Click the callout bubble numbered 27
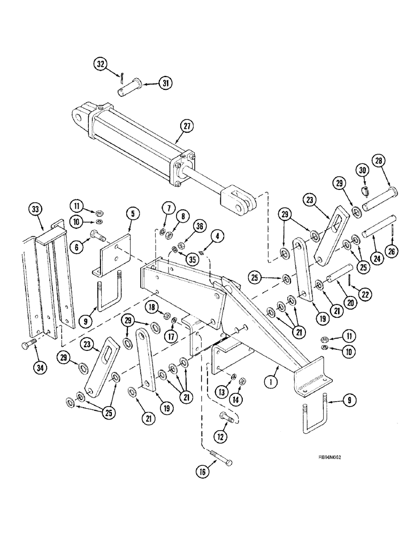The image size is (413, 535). pos(186,127)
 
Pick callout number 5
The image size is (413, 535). pos(132,215)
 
